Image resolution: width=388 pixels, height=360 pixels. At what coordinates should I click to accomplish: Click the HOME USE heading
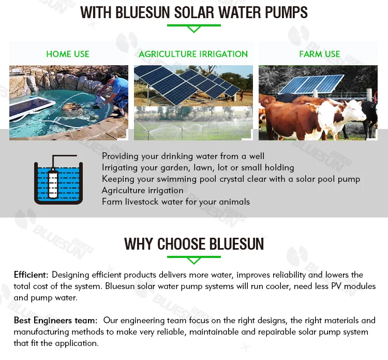(68, 54)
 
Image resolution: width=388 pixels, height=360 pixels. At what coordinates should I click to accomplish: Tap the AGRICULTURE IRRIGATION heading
(193, 54)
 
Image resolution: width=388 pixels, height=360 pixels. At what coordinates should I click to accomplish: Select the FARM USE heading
(320, 54)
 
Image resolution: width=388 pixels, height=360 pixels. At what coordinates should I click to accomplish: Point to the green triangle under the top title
(194, 29)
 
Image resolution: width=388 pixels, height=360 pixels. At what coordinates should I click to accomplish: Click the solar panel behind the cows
(311, 85)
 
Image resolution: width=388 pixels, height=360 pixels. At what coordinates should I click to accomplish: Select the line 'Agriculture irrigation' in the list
(143, 190)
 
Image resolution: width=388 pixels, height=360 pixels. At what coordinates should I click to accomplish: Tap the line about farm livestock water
(176, 201)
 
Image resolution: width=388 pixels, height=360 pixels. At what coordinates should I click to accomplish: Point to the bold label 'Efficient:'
(31, 275)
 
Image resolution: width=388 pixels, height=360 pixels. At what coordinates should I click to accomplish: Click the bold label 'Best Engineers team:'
(56, 320)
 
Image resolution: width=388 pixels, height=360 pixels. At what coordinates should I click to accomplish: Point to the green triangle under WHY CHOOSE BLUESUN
(194, 261)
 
